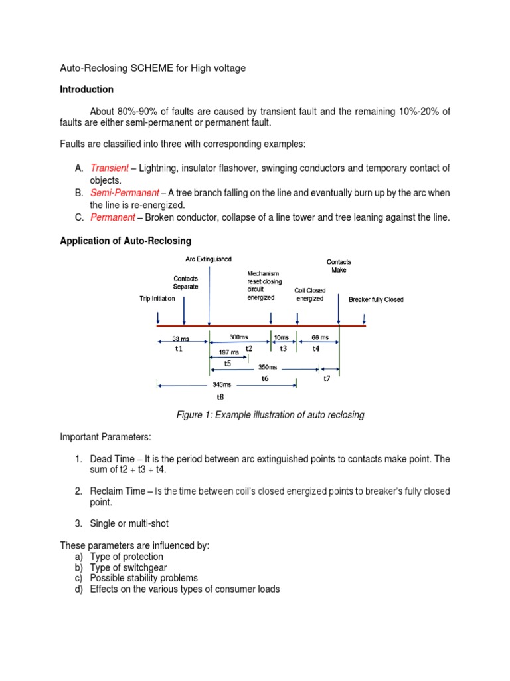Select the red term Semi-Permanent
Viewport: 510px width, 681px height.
click(x=124, y=193)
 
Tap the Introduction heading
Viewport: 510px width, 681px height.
click(x=86, y=89)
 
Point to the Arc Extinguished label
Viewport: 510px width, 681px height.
click(x=209, y=259)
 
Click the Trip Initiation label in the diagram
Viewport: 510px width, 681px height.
click(x=157, y=299)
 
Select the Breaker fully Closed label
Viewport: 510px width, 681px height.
click(x=376, y=299)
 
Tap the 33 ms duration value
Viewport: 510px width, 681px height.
click(x=181, y=339)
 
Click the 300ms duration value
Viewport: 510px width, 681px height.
click(x=238, y=337)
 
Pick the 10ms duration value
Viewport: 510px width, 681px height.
click(x=283, y=337)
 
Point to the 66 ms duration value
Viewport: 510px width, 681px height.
click(x=320, y=337)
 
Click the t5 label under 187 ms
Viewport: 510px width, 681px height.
click(x=227, y=363)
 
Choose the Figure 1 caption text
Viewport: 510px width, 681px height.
click(x=270, y=415)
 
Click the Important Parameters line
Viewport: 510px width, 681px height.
click(x=106, y=437)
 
